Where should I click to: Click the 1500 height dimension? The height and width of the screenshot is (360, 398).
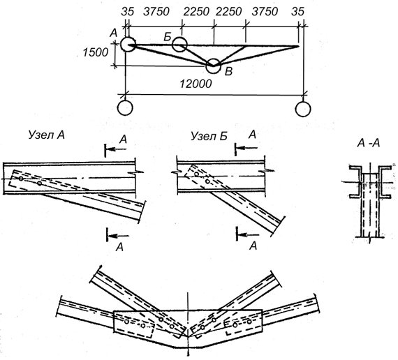click(x=96, y=52)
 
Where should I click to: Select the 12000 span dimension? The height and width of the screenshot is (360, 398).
click(x=196, y=84)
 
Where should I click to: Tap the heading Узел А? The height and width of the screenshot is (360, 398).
click(x=47, y=135)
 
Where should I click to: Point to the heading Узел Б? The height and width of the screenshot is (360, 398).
click(x=209, y=137)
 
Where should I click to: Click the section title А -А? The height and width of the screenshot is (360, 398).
click(x=368, y=144)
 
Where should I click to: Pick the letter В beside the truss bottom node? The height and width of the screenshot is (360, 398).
click(x=228, y=72)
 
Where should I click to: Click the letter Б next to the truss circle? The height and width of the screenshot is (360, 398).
click(x=167, y=37)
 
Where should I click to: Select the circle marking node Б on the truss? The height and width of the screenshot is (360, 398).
click(x=179, y=45)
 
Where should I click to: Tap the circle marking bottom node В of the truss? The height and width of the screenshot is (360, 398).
click(x=213, y=66)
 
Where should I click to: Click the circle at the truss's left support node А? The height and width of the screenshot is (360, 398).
click(x=128, y=44)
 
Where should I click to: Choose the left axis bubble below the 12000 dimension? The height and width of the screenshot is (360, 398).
click(x=125, y=108)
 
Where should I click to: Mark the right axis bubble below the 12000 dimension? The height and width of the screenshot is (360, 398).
click(x=303, y=109)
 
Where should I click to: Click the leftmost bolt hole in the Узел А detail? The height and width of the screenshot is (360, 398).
click(x=21, y=179)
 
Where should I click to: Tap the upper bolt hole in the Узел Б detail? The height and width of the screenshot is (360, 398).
click(x=196, y=174)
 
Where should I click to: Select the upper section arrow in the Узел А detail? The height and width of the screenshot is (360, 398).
click(x=116, y=149)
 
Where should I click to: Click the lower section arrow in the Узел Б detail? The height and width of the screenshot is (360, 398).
click(x=248, y=235)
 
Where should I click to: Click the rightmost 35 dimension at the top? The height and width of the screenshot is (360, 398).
click(x=297, y=11)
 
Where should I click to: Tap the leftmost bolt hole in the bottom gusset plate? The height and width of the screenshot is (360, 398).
click(x=126, y=322)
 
